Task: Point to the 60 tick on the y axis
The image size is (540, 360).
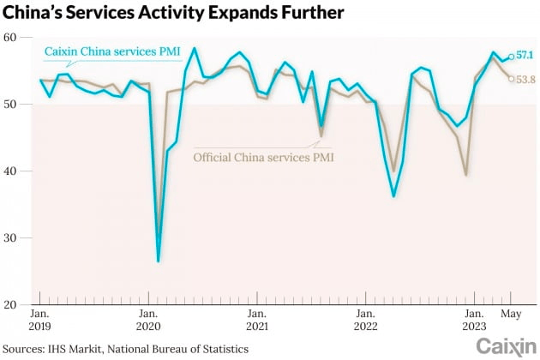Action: pyautogui.click(x=10, y=37)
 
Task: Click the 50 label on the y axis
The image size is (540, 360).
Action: pyautogui.click(x=10, y=104)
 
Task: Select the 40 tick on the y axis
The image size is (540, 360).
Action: pyautogui.click(x=10, y=171)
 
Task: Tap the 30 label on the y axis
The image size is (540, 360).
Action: pyautogui.click(x=10, y=237)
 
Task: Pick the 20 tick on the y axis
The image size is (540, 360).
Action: pyautogui.click(x=10, y=304)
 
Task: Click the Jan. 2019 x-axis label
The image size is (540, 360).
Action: pyautogui.click(x=40, y=319)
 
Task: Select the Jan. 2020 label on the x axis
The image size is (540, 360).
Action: pyautogui.click(x=148, y=319)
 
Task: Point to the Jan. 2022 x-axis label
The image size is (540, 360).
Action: pyautogui.click(x=364, y=319)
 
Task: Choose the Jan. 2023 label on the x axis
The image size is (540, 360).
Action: pyautogui.click(x=472, y=319)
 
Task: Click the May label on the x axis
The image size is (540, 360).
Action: pyautogui.click(x=511, y=312)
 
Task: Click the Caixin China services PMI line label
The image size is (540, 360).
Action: pyautogui.click(x=112, y=51)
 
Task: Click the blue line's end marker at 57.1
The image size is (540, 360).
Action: pyautogui.click(x=511, y=57)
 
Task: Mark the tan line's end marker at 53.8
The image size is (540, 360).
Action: pyautogui.click(x=511, y=78)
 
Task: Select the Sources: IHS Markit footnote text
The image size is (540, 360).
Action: pyautogui.click(x=128, y=348)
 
